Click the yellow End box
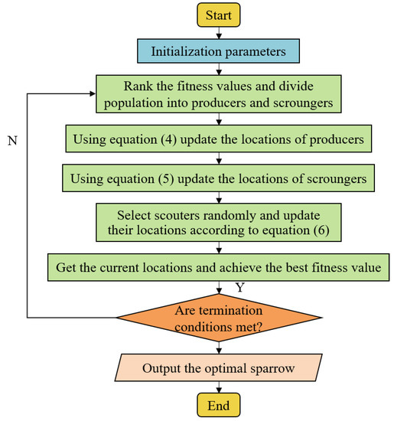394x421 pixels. (220, 403)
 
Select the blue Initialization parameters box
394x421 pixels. (220, 52)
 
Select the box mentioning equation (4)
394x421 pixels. (220, 140)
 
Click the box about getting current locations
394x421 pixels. (220, 269)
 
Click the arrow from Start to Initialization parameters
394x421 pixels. (220, 32)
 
